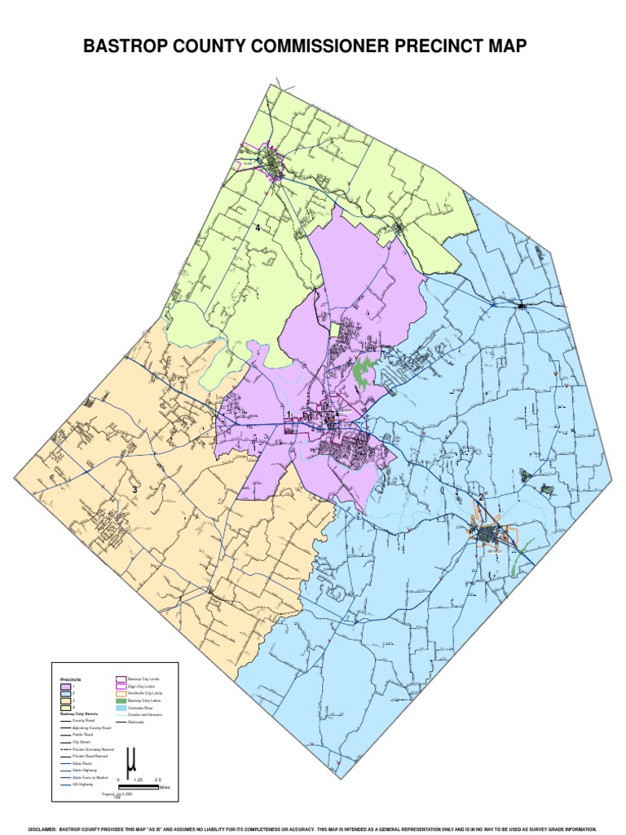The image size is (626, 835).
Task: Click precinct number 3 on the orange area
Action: pos(134,489)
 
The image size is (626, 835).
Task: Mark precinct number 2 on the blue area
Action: pos(482,497)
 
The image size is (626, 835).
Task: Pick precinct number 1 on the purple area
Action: pos(289,415)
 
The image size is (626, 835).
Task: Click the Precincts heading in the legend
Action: pos(71,679)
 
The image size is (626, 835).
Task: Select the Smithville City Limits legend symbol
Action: pos(120,693)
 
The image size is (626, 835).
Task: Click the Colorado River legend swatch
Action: pos(120,708)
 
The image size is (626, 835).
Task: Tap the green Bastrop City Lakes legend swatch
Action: pos(120,700)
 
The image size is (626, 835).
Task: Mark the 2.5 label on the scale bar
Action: pos(157,780)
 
